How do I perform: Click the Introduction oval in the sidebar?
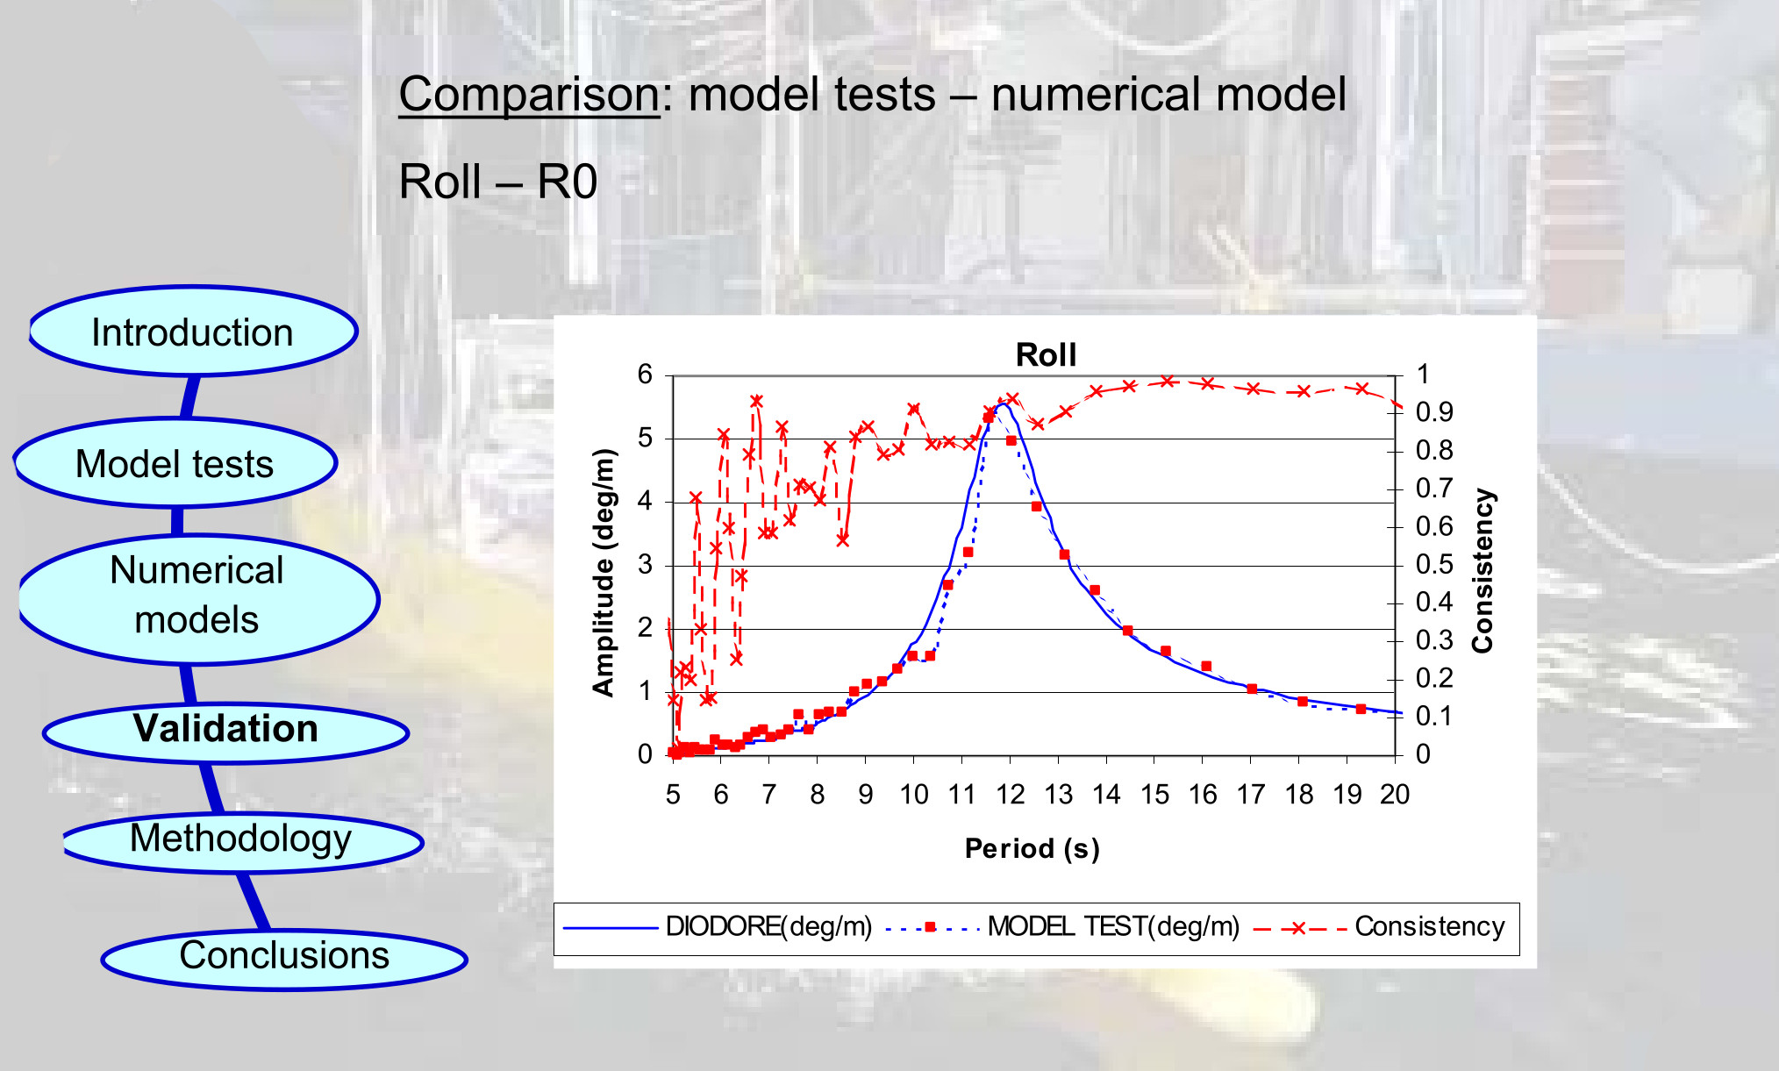point(193,332)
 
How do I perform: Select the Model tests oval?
point(175,464)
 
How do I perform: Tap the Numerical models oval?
point(197,596)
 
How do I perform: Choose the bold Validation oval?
point(225,730)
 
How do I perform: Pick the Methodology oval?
point(241,839)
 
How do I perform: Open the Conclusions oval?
point(284,956)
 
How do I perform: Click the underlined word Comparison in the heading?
point(529,95)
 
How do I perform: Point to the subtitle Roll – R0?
point(497,182)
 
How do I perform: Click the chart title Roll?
point(1046,355)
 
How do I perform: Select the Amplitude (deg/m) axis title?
point(604,572)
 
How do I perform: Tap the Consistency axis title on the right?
point(1482,570)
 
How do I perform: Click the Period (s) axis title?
point(1032,848)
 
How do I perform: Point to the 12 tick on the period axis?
point(1010,795)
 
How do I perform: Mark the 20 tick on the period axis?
point(1394,795)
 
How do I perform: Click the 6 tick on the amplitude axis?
point(645,375)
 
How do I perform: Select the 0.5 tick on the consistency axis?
point(1434,564)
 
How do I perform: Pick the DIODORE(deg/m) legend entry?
point(768,927)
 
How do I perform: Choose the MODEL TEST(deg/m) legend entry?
point(1113,927)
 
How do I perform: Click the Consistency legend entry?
point(1429,927)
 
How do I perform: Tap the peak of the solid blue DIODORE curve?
point(1001,404)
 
